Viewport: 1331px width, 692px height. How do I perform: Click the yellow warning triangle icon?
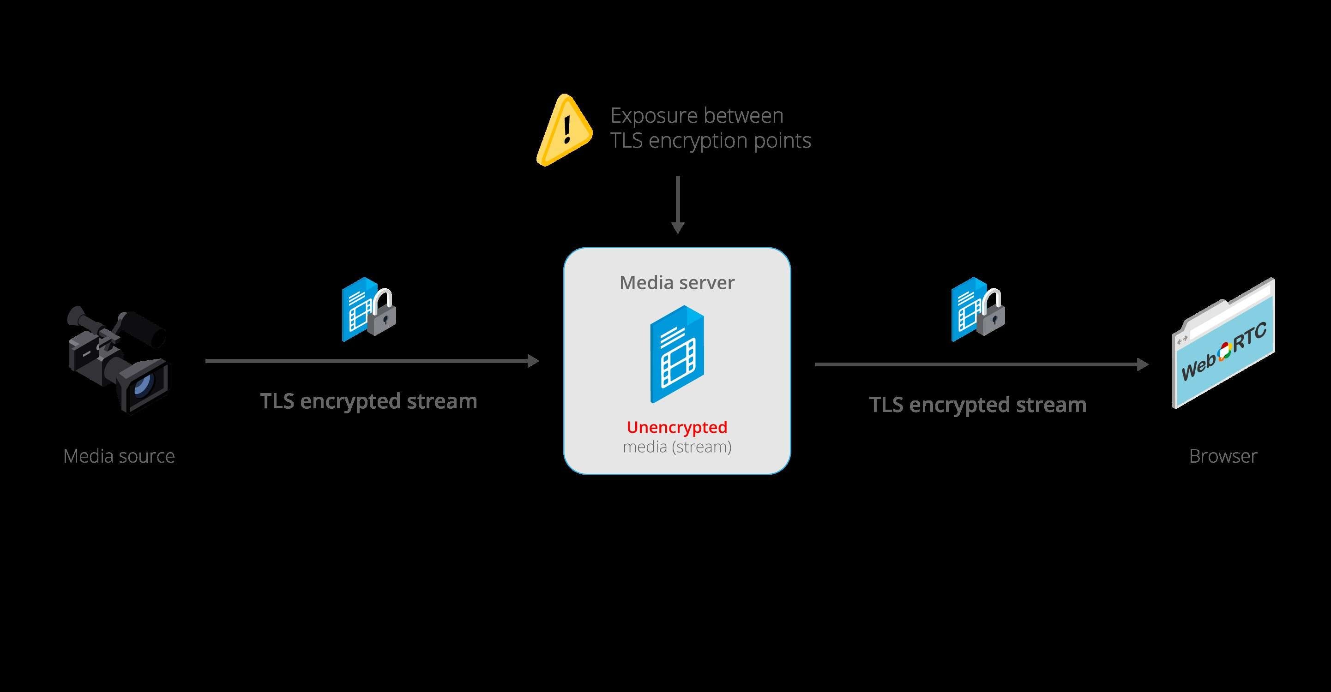coord(564,131)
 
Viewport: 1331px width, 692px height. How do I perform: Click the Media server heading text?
coord(677,282)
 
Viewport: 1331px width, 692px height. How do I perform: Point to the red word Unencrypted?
coord(677,427)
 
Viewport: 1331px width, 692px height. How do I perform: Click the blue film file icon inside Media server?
coord(677,354)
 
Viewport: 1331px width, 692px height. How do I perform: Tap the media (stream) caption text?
coord(677,447)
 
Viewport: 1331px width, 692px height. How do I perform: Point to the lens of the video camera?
coord(142,385)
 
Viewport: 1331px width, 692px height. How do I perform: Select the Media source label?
coord(119,456)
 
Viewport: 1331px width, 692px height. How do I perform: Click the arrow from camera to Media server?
coord(372,361)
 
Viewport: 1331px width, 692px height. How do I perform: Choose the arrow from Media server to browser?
coord(981,364)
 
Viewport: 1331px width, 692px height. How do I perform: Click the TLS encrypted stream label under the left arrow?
coord(368,401)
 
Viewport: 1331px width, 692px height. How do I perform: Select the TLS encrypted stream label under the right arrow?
coord(977,405)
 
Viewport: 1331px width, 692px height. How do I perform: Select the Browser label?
coord(1223,456)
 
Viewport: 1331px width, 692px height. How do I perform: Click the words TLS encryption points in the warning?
coord(711,140)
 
